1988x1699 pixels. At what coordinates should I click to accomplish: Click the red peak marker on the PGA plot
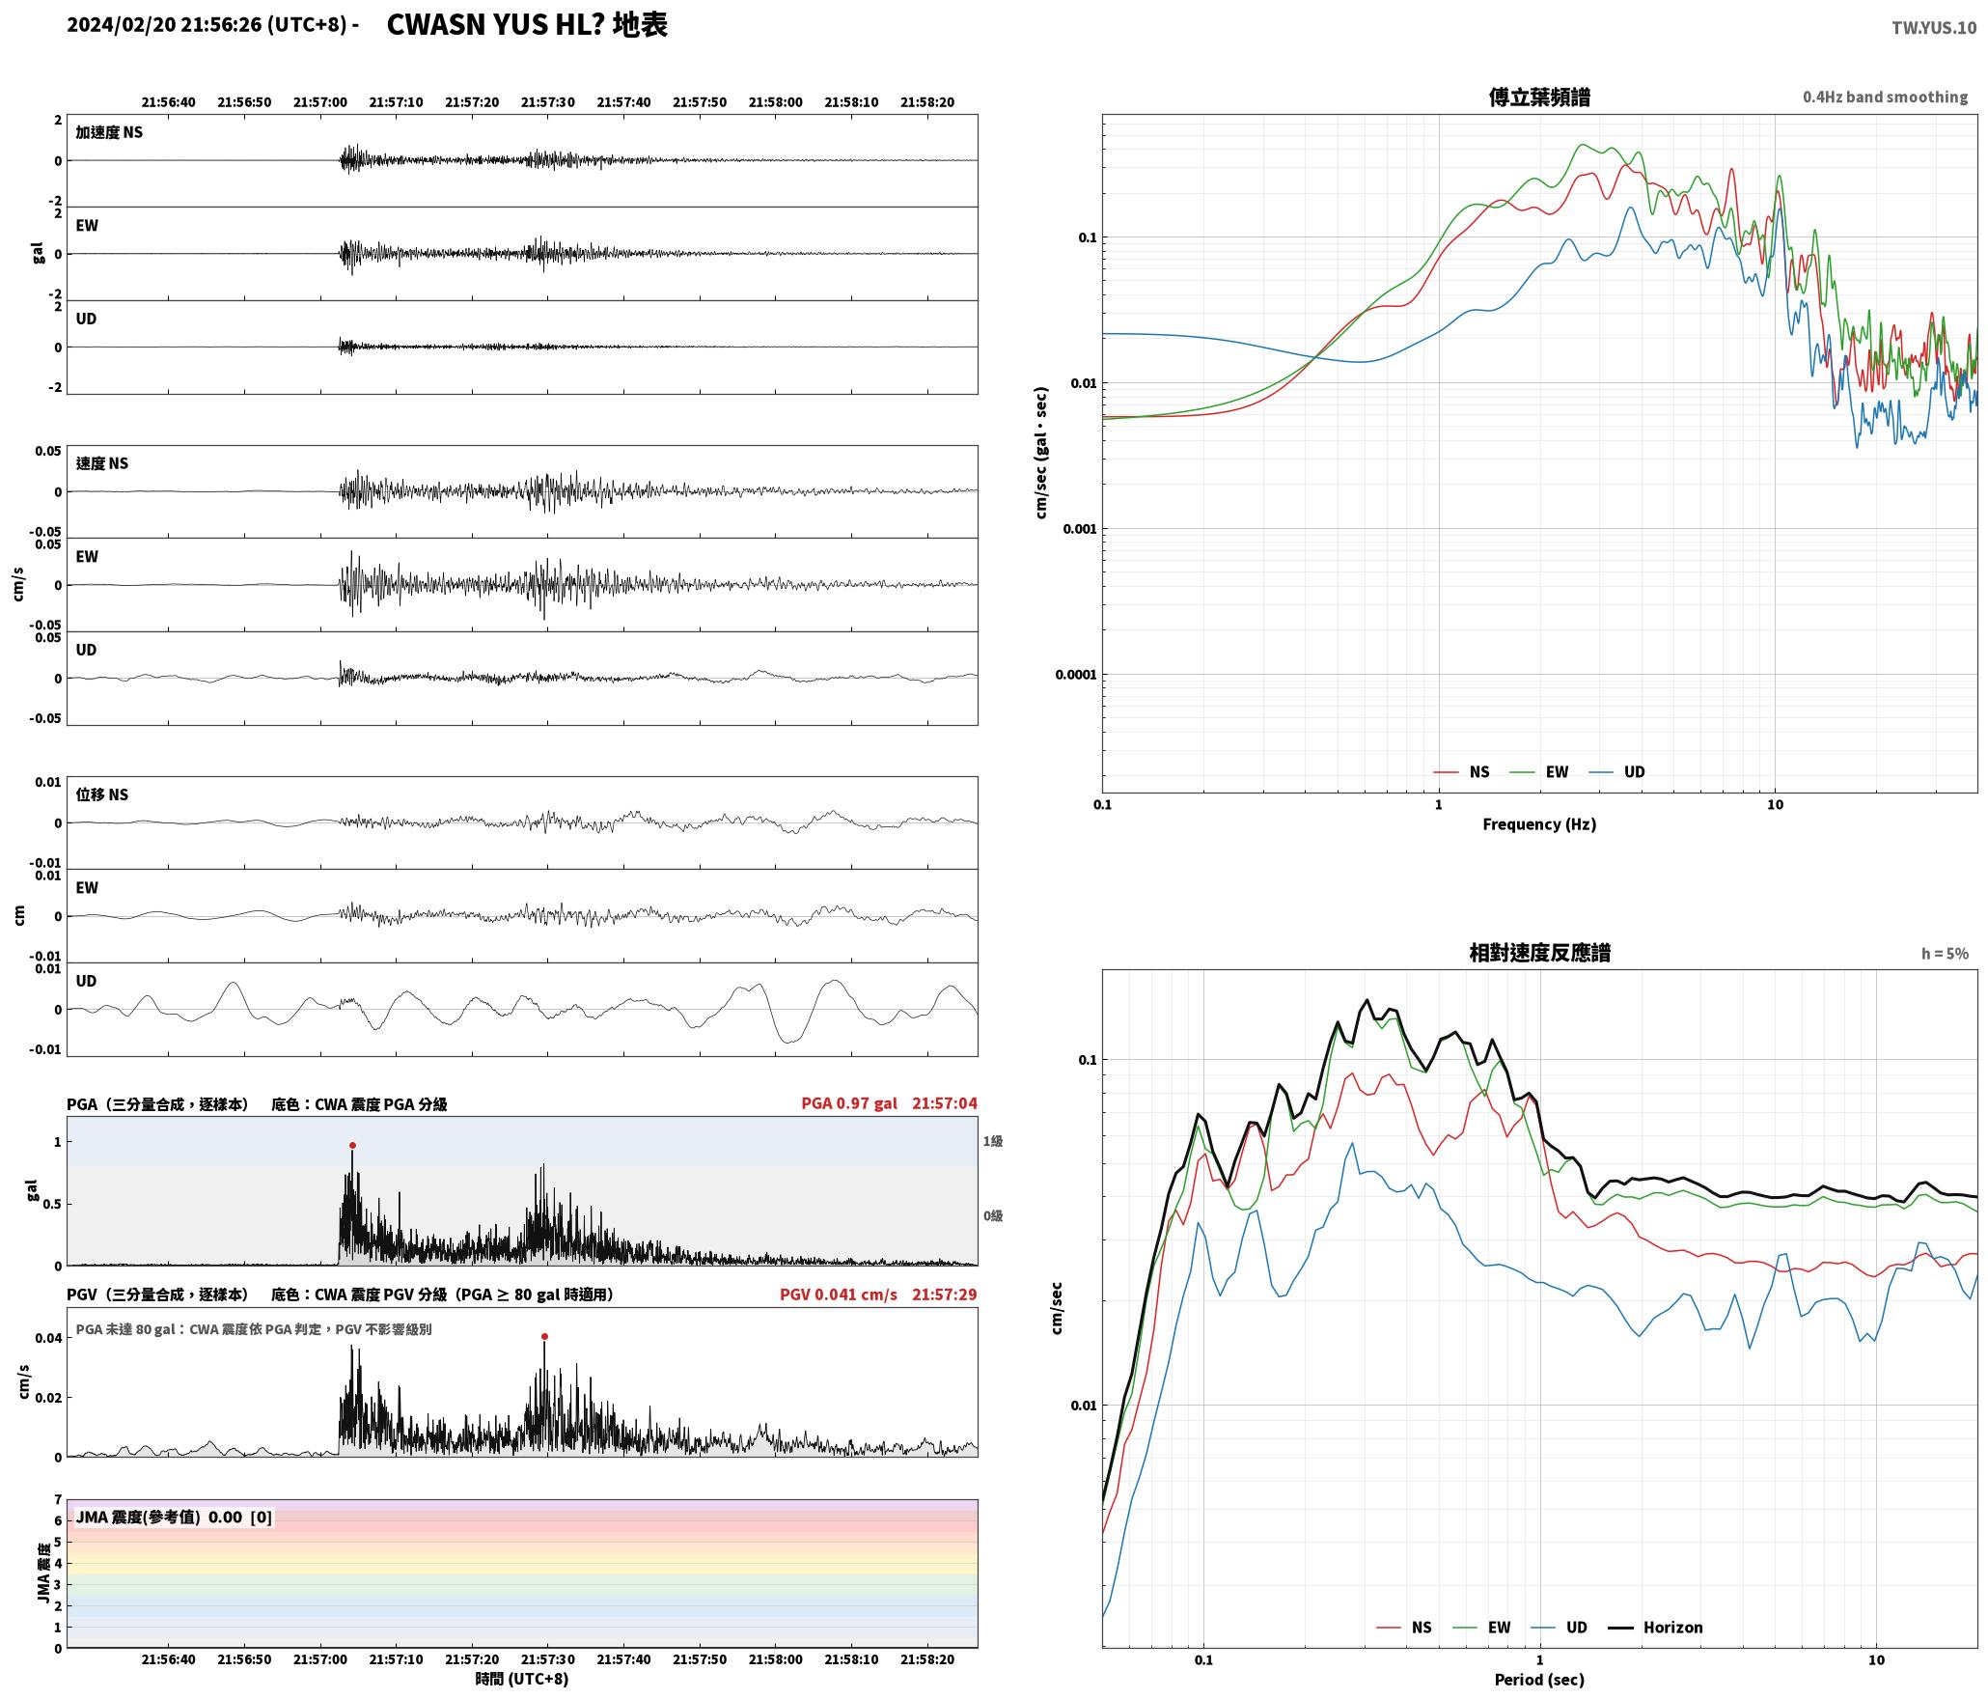coord(352,1146)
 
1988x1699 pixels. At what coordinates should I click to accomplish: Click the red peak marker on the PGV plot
coord(544,1337)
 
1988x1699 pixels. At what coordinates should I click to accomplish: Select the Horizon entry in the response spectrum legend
coord(1656,1628)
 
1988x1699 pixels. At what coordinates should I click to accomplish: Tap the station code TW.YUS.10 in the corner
coord(1934,28)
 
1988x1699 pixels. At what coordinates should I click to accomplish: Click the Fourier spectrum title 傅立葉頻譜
coord(1539,97)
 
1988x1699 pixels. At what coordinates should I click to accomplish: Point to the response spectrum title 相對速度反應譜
coord(1539,953)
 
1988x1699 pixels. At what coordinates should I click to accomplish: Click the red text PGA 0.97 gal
coord(849,1103)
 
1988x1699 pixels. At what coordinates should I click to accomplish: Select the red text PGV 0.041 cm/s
coord(838,1295)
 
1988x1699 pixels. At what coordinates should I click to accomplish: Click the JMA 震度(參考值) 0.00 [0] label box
coord(174,1518)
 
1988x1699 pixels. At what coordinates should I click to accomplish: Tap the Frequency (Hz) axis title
coord(1539,824)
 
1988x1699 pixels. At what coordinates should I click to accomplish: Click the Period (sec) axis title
coord(1539,1681)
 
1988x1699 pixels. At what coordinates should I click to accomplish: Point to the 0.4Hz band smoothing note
coord(1885,97)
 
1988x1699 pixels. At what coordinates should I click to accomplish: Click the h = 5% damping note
coord(1945,954)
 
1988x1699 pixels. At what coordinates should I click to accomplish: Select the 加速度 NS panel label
coord(109,132)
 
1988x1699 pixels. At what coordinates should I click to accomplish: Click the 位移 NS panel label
coord(102,794)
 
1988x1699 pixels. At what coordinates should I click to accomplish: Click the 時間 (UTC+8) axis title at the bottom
coord(522,1680)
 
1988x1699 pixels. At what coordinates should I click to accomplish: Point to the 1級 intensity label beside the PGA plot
coord(993,1141)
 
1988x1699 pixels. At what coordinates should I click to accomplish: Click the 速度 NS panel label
coord(102,463)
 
